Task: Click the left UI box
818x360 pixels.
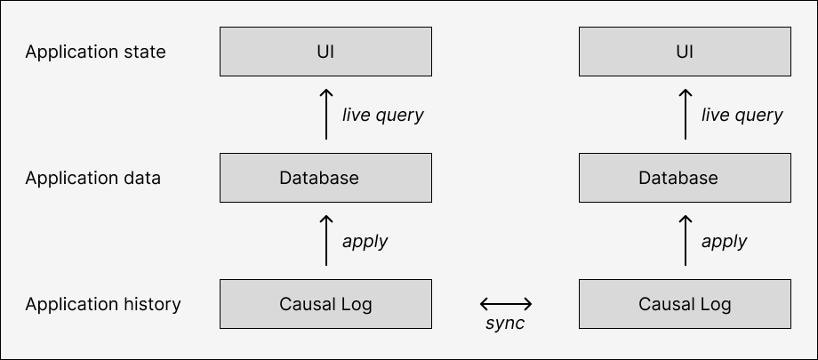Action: click(x=325, y=52)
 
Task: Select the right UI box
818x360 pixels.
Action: click(x=685, y=52)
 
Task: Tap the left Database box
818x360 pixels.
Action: click(x=325, y=178)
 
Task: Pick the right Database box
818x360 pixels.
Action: click(x=685, y=178)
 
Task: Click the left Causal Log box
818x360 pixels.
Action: click(x=325, y=304)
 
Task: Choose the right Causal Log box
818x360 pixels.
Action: click(x=685, y=304)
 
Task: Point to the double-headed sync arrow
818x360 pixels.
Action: click(x=506, y=304)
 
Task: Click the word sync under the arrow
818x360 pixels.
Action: click(x=505, y=324)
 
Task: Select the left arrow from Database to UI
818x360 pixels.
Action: click(x=326, y=115)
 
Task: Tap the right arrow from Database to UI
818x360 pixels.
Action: click(x=686, y=115)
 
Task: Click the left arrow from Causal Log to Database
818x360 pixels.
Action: click(x=326, y=241)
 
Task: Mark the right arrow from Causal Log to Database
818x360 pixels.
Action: click(x=686, y=241)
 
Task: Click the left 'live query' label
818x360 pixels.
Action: click(x=383, y=116)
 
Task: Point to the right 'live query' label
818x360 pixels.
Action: click(x=742, y=116)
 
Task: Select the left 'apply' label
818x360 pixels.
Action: click(x=365, y=242)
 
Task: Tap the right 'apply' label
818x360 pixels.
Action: click(x=725, y=242)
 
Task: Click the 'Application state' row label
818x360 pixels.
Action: click(x=95, y=52)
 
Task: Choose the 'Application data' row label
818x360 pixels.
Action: click(x=92, y=179)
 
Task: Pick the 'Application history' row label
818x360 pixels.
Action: click(x=103, y=305)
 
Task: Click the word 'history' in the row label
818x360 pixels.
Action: click(x=151, y=305)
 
